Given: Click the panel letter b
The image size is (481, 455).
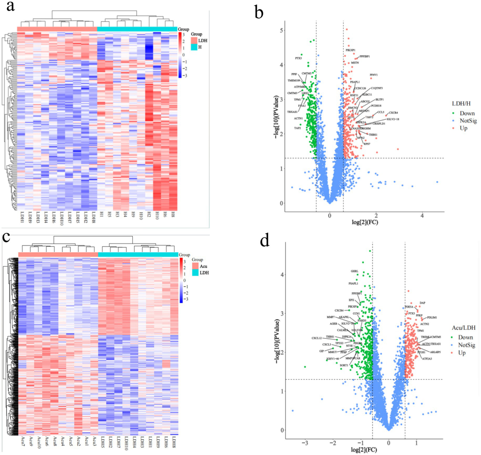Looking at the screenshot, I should click(x=259, y=13).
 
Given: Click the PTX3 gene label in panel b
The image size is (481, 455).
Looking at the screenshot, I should click(x=299, y=58).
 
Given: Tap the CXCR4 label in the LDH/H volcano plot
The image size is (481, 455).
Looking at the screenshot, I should click(x=393, y=113).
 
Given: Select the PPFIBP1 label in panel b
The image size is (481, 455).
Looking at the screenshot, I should click(x=364, y=57).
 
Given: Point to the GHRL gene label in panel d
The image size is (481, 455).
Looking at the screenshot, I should click(x=354, y=271).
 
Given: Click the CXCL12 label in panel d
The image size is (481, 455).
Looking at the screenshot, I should click(x=316, y=338).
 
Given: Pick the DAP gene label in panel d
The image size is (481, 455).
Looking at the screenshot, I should click(x=422, y=303).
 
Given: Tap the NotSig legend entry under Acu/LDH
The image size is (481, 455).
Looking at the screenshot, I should click(x=466, y=345).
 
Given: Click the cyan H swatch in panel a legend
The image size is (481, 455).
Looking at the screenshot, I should click(x=194, y=47).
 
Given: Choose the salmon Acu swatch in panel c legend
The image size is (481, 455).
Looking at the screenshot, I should click(x=195, y=266).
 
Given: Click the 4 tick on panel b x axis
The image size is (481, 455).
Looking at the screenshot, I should click(x=422, y=216).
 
